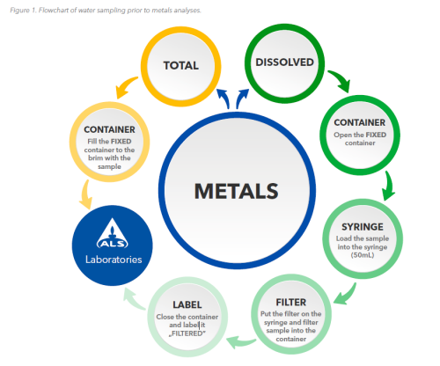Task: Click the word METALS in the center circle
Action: (x=236, y=191)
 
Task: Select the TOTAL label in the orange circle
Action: (x=181, y=65)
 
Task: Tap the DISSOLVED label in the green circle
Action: (x=284, y=62)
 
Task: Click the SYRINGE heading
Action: (x=363, y=227)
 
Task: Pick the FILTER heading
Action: (x=291, y=302)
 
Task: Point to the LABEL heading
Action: (x=187, y=304)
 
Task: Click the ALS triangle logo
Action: (x=113, y=233)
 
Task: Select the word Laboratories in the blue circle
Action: (x=114, y=260)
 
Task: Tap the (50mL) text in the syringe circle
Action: (x=363, y=255)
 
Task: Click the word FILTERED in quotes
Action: (x=187, y=333)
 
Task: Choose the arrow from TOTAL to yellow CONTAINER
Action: (x=125, y=87)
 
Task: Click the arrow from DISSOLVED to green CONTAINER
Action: (x=341, y=80)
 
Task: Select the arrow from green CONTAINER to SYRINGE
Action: (x=389, y=186)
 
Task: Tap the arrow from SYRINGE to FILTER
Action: (x=346, y=295)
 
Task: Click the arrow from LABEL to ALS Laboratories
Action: (x=134, y=299)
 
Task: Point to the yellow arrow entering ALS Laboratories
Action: (x=85, y=194)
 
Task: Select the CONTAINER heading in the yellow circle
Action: (x=109, y=129)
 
